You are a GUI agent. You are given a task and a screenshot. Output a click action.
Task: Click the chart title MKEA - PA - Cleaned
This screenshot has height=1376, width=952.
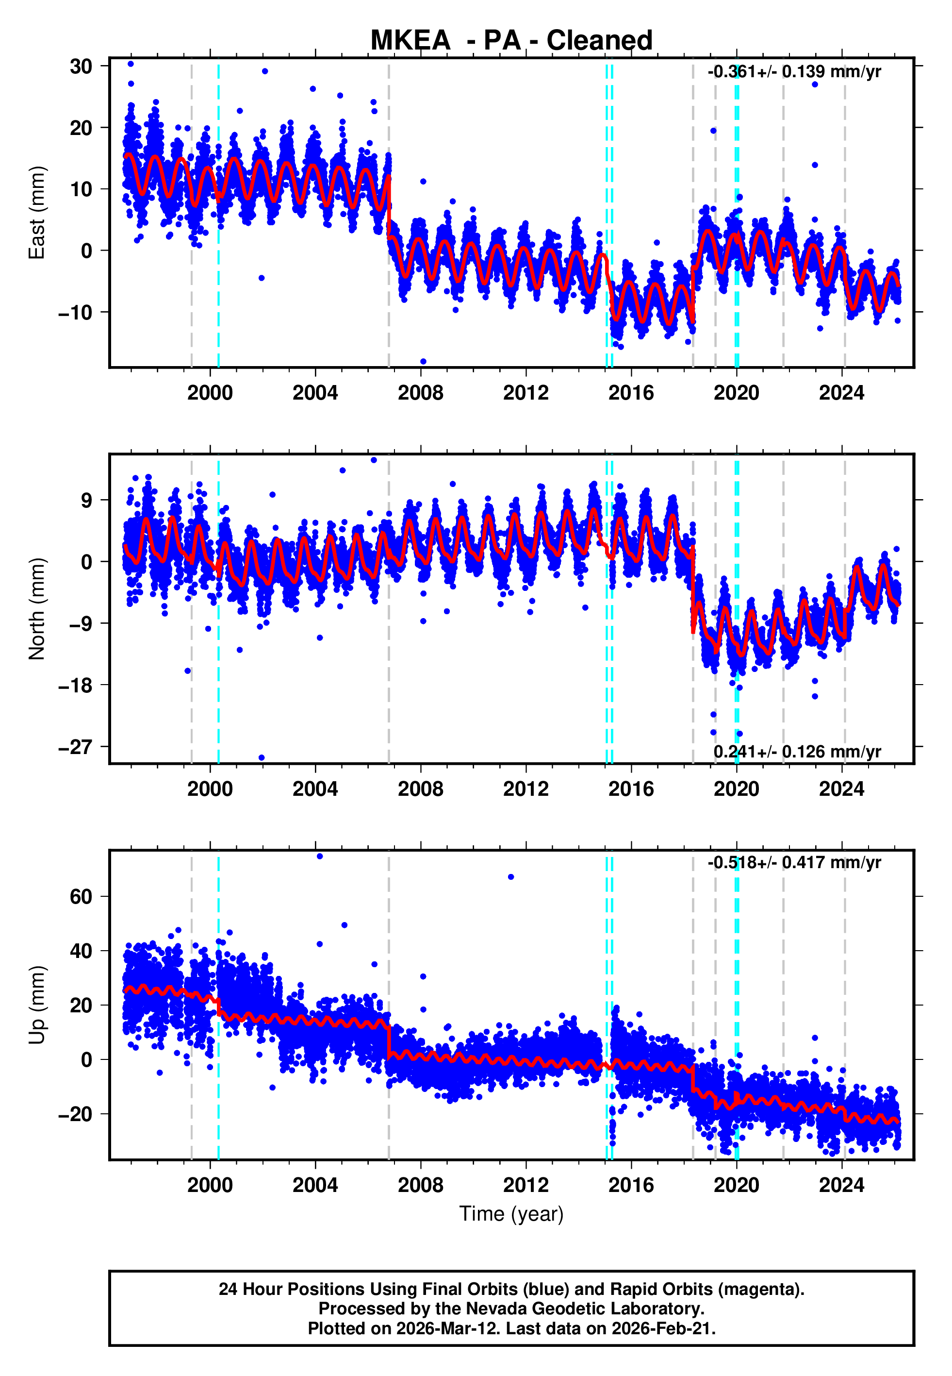click(x=511, y=41)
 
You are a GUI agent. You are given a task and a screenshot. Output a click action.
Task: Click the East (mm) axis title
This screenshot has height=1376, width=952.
click(x=37, y=213)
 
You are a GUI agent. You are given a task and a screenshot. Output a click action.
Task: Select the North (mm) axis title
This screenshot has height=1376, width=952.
click(x=37, y=609)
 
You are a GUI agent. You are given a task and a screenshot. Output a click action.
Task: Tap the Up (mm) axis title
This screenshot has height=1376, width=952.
click(x=37, y=1005)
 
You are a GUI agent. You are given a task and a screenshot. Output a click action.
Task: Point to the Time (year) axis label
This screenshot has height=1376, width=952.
click(x=511, y=1214)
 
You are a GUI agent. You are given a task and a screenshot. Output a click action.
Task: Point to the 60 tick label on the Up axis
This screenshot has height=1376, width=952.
click(x=81, y=896)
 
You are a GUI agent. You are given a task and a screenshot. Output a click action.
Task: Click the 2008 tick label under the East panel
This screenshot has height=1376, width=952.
click(x=421, y=393)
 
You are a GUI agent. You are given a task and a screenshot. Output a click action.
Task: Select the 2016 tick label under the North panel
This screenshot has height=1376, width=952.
click(x=631, y=789)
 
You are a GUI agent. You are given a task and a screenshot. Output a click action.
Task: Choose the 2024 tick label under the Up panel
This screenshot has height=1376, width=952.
click(x=842, y=1185)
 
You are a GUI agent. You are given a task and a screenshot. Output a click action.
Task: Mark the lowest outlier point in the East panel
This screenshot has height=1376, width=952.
click(x=424, y=362)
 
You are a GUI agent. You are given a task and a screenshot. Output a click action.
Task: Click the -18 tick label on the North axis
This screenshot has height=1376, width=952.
click(x=76, y=685)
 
